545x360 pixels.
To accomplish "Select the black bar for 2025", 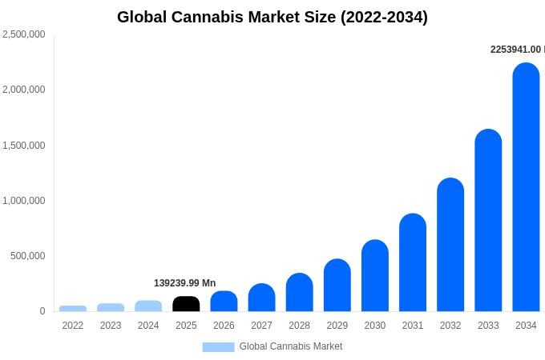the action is [186, 304].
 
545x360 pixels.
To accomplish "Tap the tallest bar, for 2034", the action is [526, 187].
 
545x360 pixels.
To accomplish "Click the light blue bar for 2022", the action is [73, 308].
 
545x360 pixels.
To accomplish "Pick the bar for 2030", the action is [375, 275].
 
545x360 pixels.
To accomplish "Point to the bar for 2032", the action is [450, 245].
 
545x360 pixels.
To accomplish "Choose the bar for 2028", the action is [299, 292].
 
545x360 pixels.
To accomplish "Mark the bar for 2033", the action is [488, 220].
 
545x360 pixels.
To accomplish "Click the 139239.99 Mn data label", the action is [185, 283].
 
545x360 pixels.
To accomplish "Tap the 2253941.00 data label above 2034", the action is [518, 50].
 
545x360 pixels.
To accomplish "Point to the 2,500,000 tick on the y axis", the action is [23, 34].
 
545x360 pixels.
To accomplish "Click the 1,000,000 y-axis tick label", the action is [23, 201].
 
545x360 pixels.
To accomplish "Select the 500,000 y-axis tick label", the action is [28, 256].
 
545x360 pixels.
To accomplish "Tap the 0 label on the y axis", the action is [42, 311].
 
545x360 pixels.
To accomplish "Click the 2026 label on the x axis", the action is [224, 326].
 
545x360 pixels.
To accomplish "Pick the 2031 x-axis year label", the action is [413, 326].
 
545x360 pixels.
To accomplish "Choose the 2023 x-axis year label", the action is [111, 326].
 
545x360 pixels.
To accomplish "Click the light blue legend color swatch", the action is [219, 347].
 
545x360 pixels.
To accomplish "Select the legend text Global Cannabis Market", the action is [291, 346].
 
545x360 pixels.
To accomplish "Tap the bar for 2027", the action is [262, 298].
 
